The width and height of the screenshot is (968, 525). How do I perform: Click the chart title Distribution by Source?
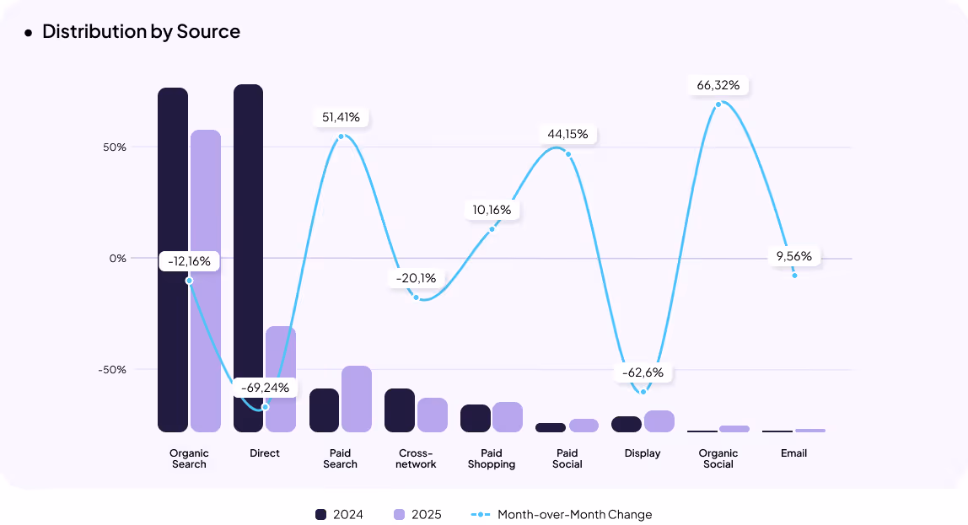[x=141, y=32]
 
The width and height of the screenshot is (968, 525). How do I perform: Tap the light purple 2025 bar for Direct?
[x=281, y=379]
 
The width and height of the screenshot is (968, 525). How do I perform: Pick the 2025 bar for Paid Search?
[x=356, y=399]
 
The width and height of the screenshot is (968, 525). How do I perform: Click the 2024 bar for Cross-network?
[x=400, y=410]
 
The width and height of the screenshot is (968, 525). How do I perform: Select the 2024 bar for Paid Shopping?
[x=476, y=418]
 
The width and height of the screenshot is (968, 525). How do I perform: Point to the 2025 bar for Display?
[x=659, y=421]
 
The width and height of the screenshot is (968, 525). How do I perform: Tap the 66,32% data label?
[x=718, y=85]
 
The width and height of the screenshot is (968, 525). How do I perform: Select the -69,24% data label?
[x=265, y=388]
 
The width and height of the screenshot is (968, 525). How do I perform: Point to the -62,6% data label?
[x=643, y=372]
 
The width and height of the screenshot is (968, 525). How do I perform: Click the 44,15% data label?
[x=568, y=134]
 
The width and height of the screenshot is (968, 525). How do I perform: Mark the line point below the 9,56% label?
[x=794, y=275]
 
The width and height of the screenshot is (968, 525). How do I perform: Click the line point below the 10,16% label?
[x=492, y=229]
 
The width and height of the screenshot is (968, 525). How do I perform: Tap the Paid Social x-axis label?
[x=567, y=458]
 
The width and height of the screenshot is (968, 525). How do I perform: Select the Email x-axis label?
[x=793, y=453]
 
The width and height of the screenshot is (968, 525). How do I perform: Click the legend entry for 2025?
[x=417, y=515]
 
